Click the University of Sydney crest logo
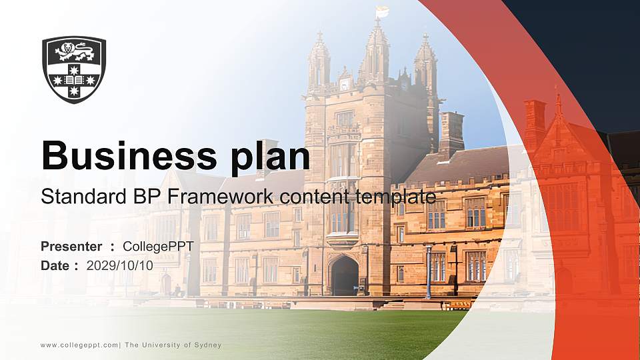(x=74, y=69)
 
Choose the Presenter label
(x=71, y=247)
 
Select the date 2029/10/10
(x=120, y=265)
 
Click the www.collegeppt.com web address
(x=79, y=345)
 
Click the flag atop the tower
(x=382, y=11)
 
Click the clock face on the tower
(x=345, y=85)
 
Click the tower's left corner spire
(x=319, y=60)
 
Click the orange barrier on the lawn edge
(x=459, y=305)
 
